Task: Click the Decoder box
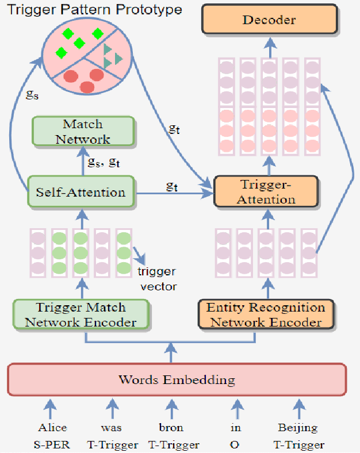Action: point(269,20)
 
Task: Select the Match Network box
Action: point(83,132)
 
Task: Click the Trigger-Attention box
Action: point(266,191)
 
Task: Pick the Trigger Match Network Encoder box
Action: point(81,314)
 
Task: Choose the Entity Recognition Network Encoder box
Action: point(266,314)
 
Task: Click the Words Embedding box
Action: point(177,379)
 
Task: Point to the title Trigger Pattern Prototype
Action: point(95,10)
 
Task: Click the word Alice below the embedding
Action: point(53,428)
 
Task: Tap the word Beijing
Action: point(298,428)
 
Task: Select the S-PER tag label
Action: point(53,444)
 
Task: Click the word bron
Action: point(171,428)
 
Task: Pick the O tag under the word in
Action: point(236,444)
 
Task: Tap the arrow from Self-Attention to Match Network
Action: point(82,162)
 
